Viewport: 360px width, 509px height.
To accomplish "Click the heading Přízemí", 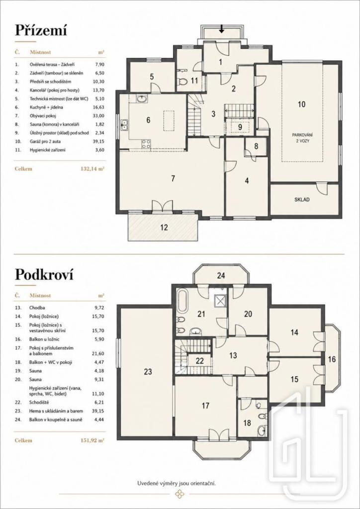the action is click(x=41, y=31).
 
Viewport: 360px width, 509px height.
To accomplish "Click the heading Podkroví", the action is click(x=44, y=275).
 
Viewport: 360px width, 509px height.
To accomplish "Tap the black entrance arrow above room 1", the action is click(x=222, y=29).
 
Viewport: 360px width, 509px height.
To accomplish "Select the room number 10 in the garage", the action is click(x=301, y=104).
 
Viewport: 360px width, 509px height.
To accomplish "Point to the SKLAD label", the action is click(x=302, y=200).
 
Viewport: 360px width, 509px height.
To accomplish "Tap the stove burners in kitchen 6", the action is click(x=146, y=144).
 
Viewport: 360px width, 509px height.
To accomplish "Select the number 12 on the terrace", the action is click(x=164, y=228).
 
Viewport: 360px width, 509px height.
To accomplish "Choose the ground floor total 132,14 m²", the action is click(x=93, y=169).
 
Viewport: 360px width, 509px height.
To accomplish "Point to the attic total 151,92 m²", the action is click(x=93, y=440).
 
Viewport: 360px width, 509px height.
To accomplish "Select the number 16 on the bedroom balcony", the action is click(x=332, y=359).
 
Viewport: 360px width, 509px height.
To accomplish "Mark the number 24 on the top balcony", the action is click(x=221, y=276).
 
